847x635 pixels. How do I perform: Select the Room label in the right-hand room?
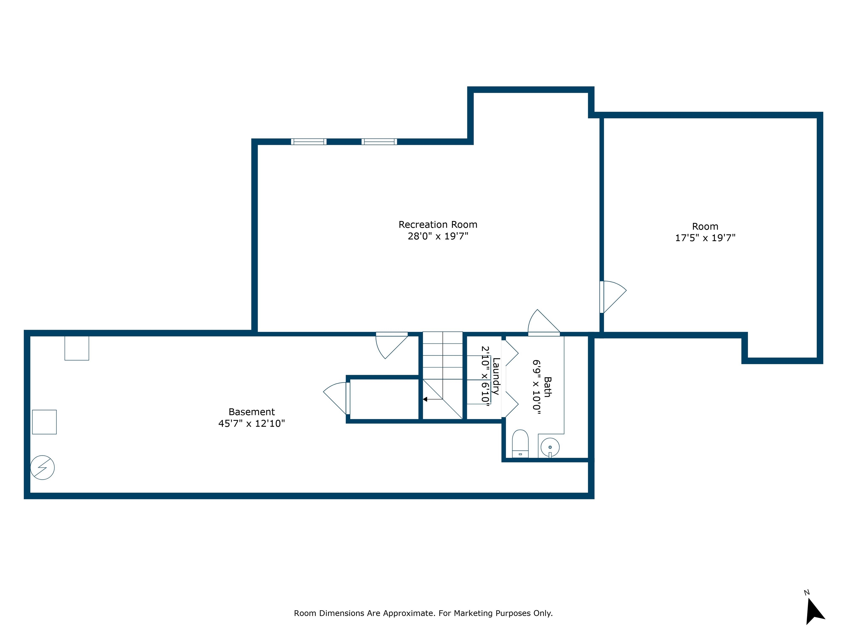point(705,227)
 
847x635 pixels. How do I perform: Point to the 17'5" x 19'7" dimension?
point(705,238)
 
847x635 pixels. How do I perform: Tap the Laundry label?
point(496,376)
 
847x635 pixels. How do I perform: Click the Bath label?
point(548,387)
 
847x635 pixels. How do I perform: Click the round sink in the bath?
point(550,447)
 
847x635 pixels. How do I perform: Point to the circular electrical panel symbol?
point(42,467)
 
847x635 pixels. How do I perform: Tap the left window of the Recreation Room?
point(309,142)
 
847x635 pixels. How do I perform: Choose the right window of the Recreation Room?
point(379,142)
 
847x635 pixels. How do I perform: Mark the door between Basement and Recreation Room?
point(391,345)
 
